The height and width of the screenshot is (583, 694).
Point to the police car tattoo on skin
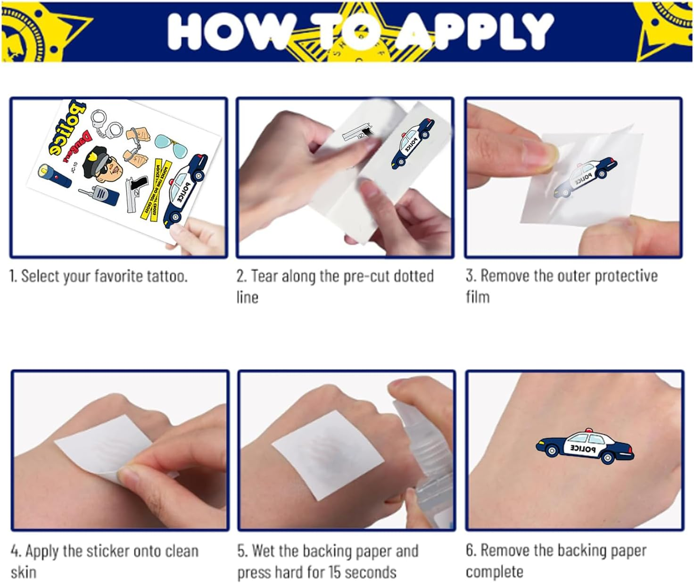pyautogui.click(x=585, y=447)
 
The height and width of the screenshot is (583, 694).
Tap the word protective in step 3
pyautogui.click(x=626, y=276)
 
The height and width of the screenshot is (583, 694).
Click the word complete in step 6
pyautogui.click(x=494, y=572)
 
